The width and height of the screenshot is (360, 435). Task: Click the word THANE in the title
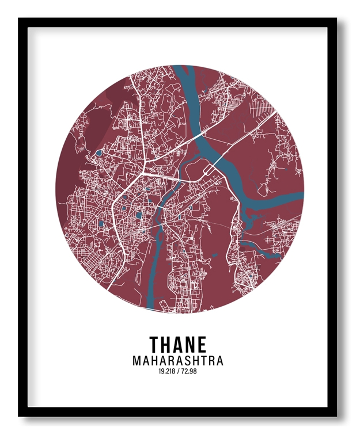(x=178, y=345)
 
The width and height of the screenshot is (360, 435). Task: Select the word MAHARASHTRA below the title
(x=178, y=361)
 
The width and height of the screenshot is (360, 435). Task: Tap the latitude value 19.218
(x=167, y=372)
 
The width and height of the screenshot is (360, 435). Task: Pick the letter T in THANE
(x=154, y=345)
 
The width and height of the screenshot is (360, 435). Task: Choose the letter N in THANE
(x=190, y=345)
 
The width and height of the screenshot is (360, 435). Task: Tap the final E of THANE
(x=202, y=345)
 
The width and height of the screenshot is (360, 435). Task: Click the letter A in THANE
(x=178, y=345)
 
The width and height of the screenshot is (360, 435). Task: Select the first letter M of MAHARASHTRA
(x=137, y=361)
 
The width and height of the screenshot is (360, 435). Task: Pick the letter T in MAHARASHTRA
(x=203, y=361)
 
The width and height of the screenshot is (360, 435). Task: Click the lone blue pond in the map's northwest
(x=99, y=153)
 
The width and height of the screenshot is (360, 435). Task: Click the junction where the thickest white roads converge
(x=142, y=171)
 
